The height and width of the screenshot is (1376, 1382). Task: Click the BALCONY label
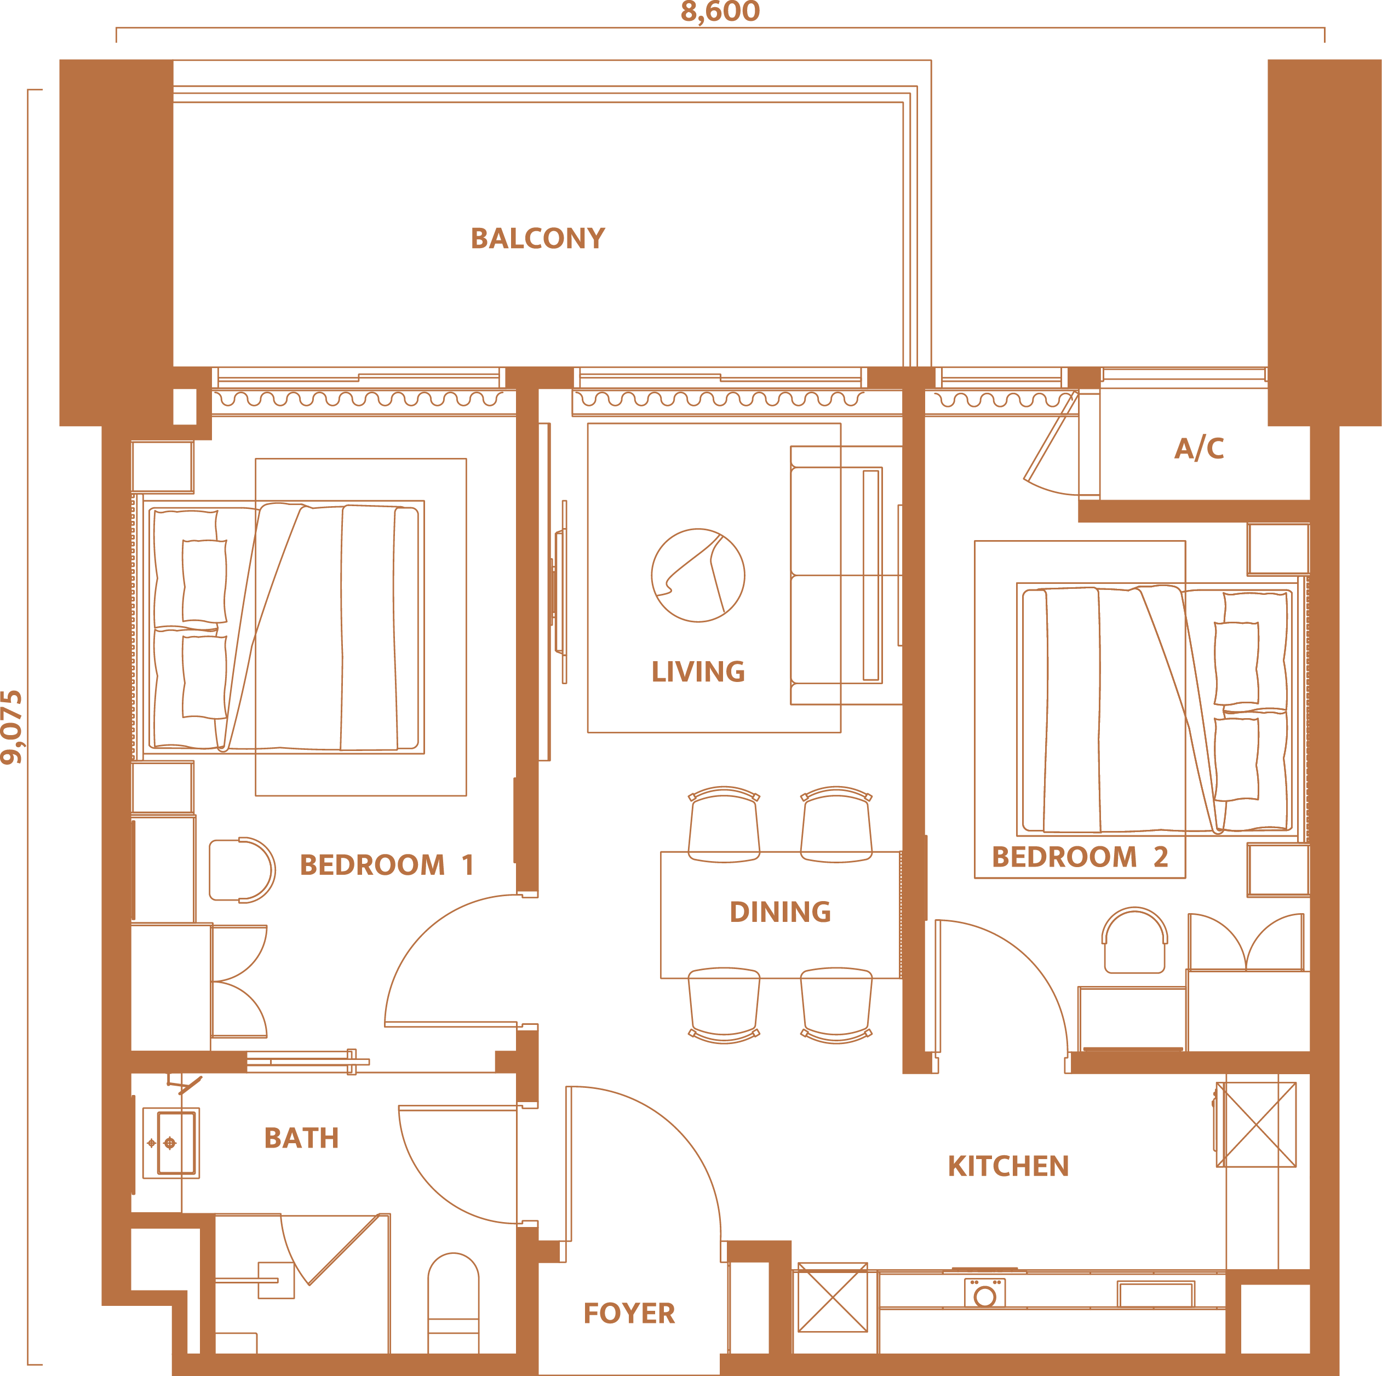[x=537, y=238]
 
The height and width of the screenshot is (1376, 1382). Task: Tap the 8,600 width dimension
[x=720, y=12]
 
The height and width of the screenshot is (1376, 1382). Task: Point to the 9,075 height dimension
[x=12, y=727]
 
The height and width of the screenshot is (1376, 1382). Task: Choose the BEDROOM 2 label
[x=1080, y=856]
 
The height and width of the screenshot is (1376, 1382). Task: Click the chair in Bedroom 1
[x=242, y=870]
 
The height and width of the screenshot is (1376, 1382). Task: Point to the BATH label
[x=301, y=1138]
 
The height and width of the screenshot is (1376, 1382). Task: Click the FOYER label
[x=629, y=1313]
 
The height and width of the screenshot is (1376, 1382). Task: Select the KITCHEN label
[x=1008, y=1166]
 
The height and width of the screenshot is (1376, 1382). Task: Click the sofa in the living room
[x=837, y=576]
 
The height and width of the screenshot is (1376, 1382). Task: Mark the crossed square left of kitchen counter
[x=833, y=1297]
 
